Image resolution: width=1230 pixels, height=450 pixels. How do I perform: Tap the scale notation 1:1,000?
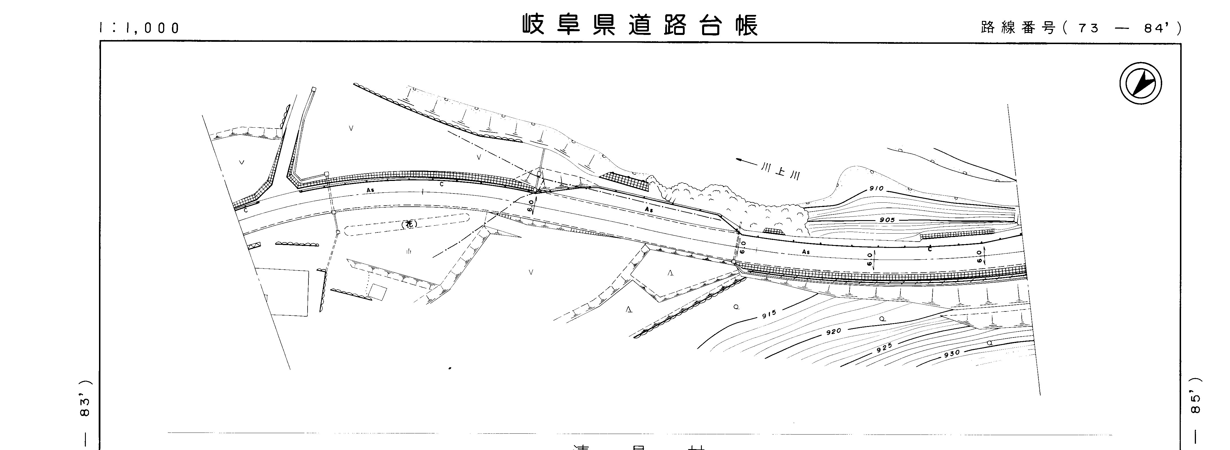click(x=139, y=28)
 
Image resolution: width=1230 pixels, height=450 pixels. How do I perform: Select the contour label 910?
click(x=876, y=189)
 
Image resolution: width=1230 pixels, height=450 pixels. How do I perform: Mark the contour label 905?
click(x=887, y=220)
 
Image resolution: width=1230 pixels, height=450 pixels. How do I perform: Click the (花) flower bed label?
click(x=409, y=224)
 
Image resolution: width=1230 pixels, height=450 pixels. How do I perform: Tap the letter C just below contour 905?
click(x=930, y=249)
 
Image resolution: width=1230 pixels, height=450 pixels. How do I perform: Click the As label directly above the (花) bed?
click(x=370, y=190)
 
